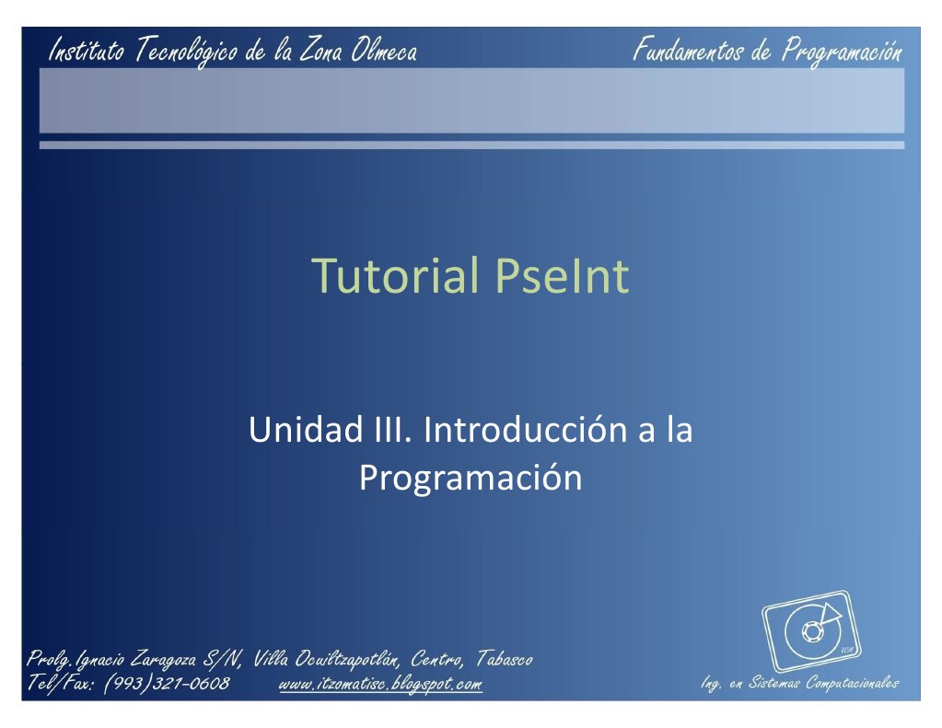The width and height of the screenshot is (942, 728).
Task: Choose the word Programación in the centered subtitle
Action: pos(470,479)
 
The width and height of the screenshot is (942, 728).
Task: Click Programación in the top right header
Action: pos(842,51)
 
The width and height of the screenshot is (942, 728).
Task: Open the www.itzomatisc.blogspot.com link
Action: pos(379,684)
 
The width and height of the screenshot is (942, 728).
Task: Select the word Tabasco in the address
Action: pos(506,659)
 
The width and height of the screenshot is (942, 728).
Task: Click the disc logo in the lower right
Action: pos(810,631)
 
